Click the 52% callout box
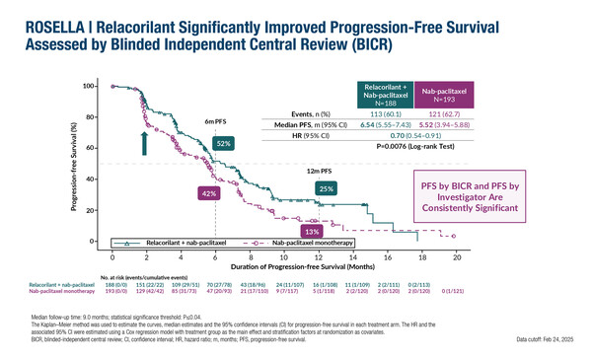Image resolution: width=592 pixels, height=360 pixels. (223, 143)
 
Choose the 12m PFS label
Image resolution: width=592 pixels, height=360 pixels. (318, 170)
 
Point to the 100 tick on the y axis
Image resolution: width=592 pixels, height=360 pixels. (88, 87)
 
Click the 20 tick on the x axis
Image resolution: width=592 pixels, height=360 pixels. (456, 255)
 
